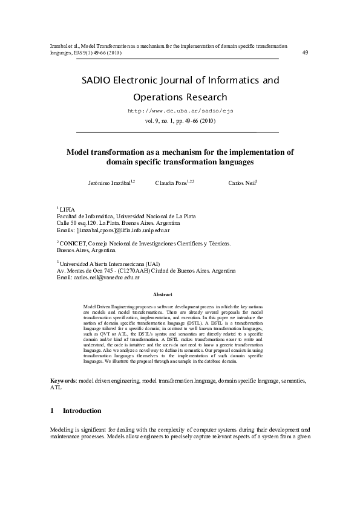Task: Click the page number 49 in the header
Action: click(x=305, y=52)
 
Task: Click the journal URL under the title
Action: click(x=180, y=112)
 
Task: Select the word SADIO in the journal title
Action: click(x=97, y=80)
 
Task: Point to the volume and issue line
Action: click(x=180, y=121)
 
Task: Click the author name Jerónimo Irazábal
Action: click(x=110, y=183)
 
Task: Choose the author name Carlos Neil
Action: click(x=241, y=183)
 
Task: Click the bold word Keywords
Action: click(x=63, y=381)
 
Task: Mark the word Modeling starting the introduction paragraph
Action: click(x=62, y=429)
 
